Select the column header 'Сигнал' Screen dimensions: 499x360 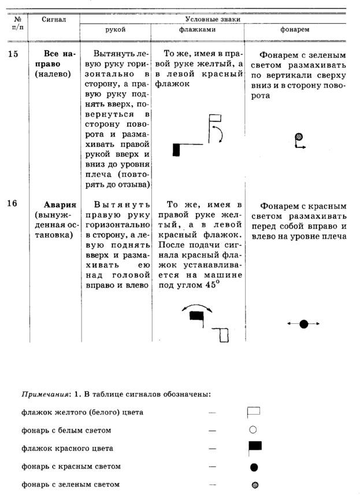(x=54, y=20)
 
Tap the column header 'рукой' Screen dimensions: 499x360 (x=116, y=29)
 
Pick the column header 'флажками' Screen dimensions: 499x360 (x=197, y=29)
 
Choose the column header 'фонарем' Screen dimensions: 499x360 (x=294, y=29)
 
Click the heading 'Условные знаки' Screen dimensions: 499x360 (x=217, y=19)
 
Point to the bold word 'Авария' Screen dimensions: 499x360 (x=60, y=205)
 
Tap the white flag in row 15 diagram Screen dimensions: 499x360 (x=216, y=118)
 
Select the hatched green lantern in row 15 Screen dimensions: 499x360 (x=299, y=137)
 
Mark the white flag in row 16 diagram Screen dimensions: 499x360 (x=224, y=335)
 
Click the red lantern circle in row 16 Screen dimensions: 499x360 (x=304, y=324)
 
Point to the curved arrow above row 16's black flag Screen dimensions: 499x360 (x=196, y=306)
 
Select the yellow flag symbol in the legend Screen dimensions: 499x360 (x=254, y=412)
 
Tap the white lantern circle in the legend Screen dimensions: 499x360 (x=253, y=430)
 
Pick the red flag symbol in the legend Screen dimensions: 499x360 (x=254, y=446)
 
